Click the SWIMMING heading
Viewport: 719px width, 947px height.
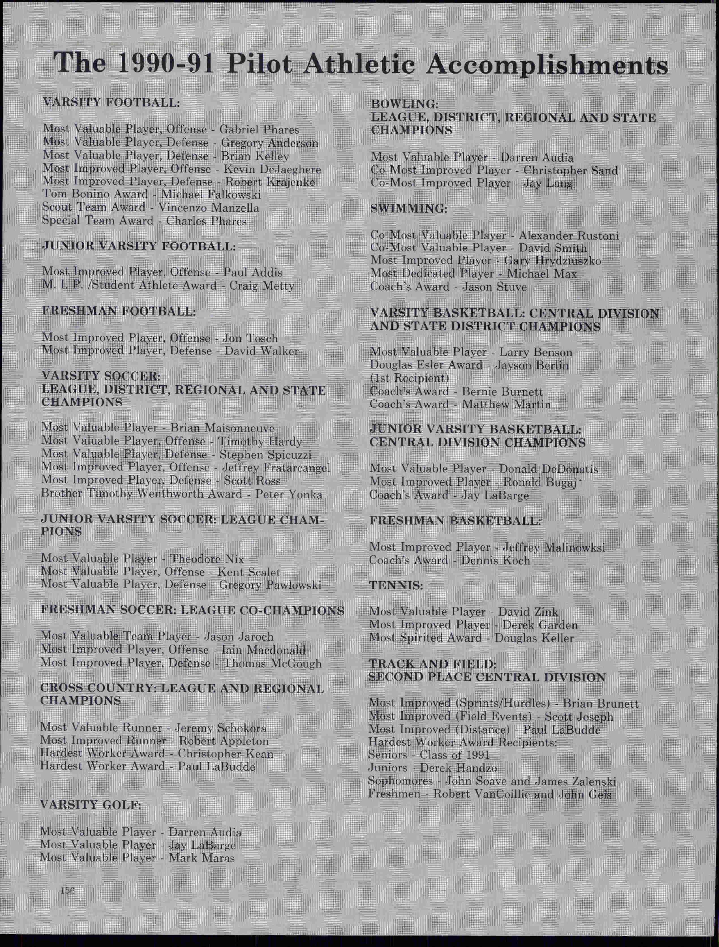(409, 209)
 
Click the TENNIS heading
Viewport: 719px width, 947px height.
(396, 586)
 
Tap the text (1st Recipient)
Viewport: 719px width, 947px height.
(409, 378)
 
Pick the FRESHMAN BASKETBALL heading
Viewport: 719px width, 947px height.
(455, 521)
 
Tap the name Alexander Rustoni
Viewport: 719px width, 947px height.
(568, 235)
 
